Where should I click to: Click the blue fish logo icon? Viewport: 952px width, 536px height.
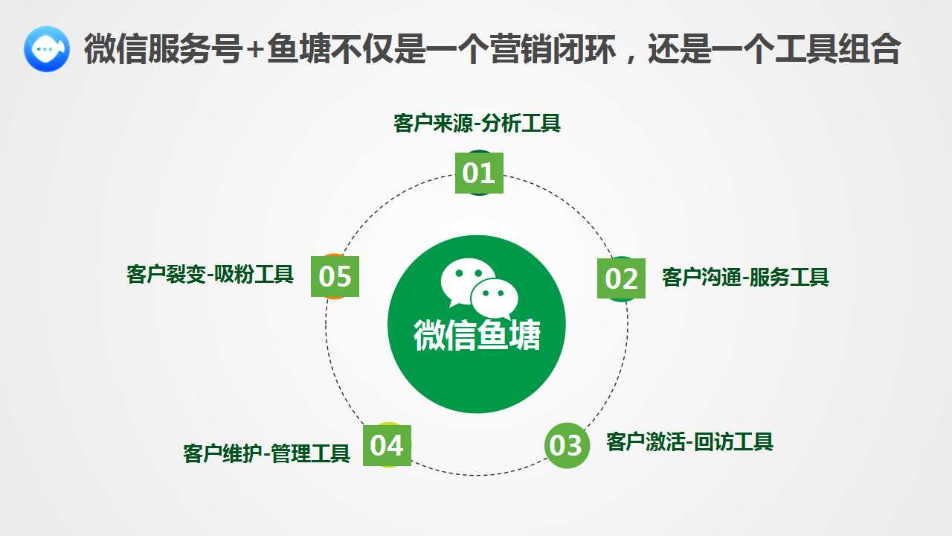47,49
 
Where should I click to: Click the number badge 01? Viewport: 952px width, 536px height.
479,173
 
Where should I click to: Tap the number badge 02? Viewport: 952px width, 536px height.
621,278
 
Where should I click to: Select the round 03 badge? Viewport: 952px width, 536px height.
567,445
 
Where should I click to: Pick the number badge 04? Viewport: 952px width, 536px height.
387,445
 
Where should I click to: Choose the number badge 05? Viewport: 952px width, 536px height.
335,276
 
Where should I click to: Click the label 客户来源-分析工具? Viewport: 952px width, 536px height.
477,124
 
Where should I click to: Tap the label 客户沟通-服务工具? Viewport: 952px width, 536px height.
745,278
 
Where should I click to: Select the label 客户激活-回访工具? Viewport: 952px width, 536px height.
689,441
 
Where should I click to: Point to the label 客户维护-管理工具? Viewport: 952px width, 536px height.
266,453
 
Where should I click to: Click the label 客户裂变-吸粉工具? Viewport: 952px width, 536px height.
210,275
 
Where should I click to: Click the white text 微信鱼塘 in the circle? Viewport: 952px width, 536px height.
477,335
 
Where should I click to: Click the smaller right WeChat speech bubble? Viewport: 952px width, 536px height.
495,298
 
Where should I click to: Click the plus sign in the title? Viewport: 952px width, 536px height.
255,50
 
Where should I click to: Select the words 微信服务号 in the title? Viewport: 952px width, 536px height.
163,49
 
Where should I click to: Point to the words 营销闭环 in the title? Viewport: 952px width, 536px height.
553,49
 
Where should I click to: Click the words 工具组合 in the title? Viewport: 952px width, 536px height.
837,49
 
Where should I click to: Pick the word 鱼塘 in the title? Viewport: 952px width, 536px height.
298,49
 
